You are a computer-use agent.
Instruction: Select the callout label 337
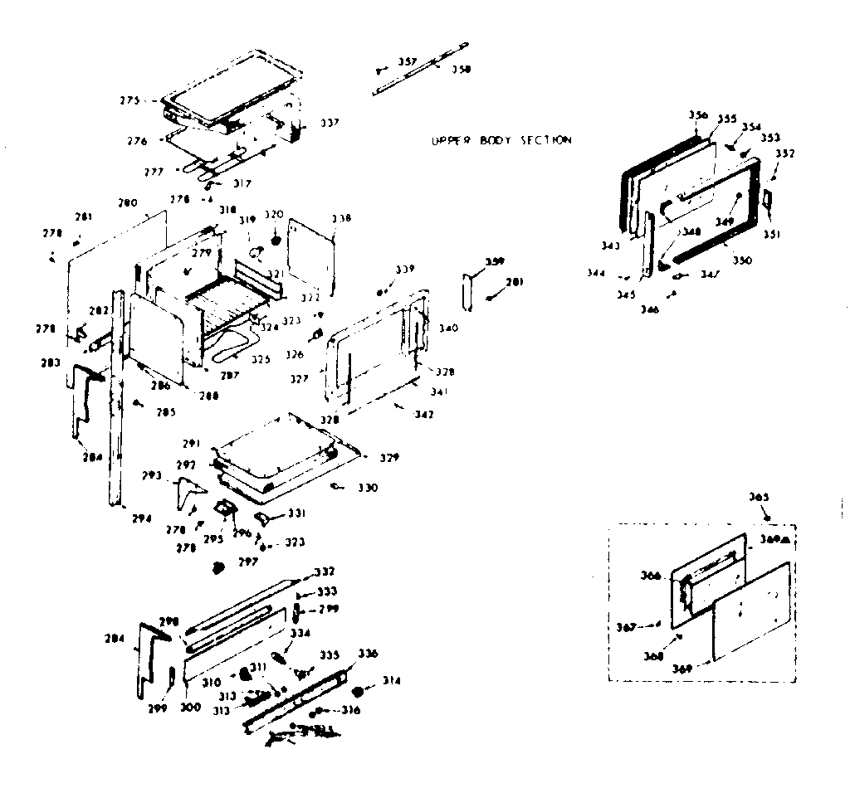click(330, 123)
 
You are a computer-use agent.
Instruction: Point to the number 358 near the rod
click(461, 70)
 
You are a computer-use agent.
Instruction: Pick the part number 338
click(341, 218)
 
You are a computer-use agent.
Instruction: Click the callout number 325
click(261, 359)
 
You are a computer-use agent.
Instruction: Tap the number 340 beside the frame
click(448, 328)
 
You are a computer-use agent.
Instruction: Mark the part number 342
click(423, 413)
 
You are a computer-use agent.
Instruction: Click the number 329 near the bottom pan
click(389, 457)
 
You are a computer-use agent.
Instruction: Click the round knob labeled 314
click(360, 691)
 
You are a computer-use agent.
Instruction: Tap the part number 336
click(368, 654)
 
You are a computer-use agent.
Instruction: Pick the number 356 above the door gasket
click(698, 115)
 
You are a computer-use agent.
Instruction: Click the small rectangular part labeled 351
click(767, 199)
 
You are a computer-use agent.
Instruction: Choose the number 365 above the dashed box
click(759, 497)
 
